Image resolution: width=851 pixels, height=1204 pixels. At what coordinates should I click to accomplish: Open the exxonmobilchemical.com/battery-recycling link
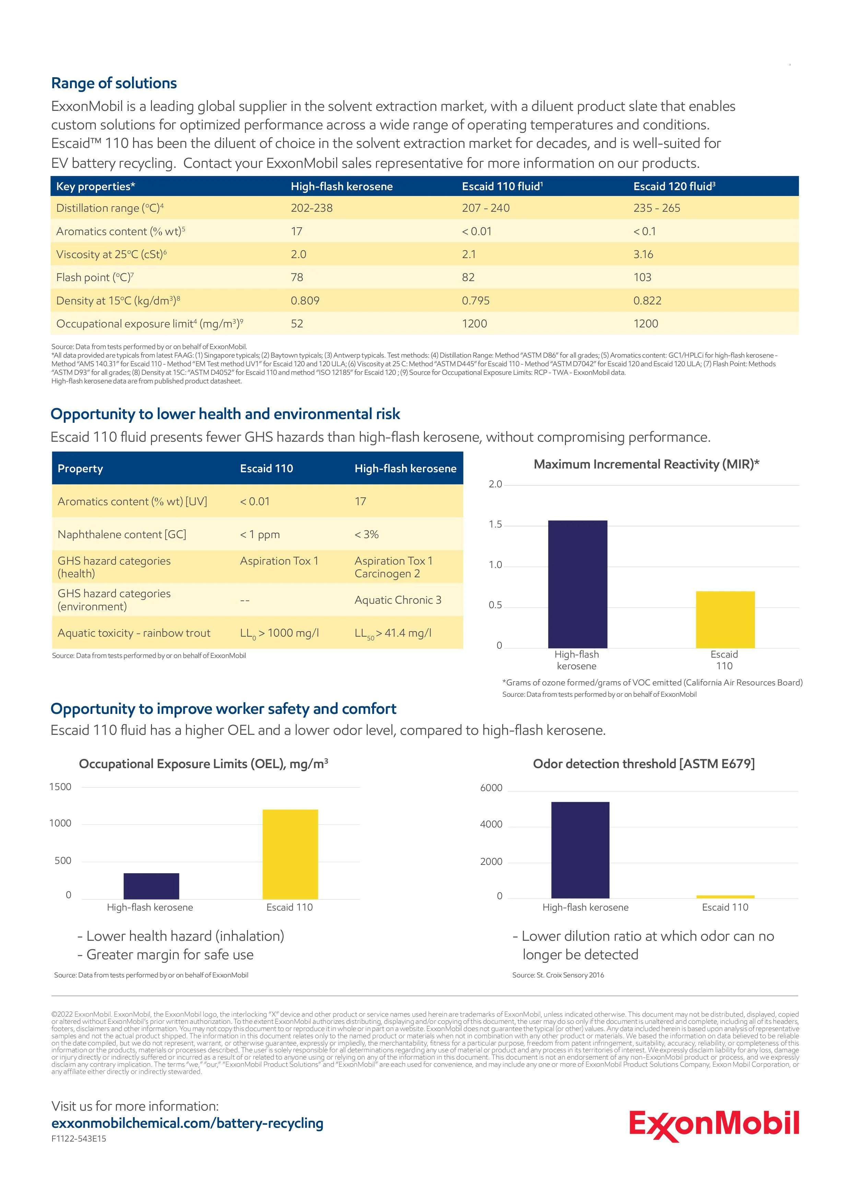(x=187, y=1123)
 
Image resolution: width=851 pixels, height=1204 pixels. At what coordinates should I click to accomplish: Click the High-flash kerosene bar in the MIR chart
(x=578, y=584)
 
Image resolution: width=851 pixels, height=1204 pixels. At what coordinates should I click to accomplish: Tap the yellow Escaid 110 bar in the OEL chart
(x=290, y=854)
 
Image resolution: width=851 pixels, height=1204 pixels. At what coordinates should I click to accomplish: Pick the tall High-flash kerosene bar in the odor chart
(x=580, y=850)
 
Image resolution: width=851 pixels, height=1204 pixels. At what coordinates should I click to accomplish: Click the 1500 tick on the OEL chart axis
(x=60, y=787)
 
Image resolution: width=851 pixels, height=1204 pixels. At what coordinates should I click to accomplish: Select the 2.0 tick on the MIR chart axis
(x=495, y=484)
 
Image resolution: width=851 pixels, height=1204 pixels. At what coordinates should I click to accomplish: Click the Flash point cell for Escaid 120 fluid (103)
(x=642, y=277)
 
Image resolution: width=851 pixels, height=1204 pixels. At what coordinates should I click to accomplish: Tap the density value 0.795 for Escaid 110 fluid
(x=475, y=300)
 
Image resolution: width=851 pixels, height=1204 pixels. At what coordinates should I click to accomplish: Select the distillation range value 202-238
(x=312, y=208)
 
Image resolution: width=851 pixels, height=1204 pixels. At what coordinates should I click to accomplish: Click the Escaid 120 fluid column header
(x=674, y=186)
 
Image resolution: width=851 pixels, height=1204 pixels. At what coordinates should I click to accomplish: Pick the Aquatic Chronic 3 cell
(x=398, y=600)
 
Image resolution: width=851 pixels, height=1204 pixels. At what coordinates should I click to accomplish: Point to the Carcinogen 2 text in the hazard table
(x=387, y=574)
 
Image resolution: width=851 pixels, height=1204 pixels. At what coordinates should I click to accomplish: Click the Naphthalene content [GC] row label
(x=121, y=534)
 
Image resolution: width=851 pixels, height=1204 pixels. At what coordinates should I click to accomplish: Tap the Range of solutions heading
(x=114, y=83)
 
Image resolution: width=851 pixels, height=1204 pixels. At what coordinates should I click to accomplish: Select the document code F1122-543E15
(x=79, y=1138)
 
